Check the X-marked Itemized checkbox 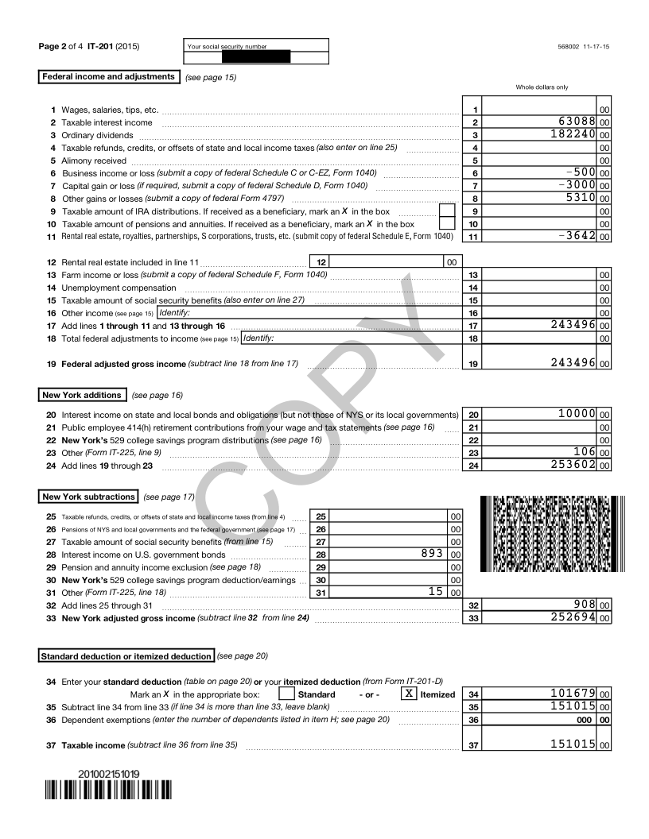coord(409,693)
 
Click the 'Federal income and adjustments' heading coord(108,77)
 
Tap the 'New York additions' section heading coord(82,395)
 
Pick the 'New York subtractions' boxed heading coord(88,497)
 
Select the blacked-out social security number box coord(255,57)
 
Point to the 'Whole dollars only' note coord(542,87)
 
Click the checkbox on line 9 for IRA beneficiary coord(447,211)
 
